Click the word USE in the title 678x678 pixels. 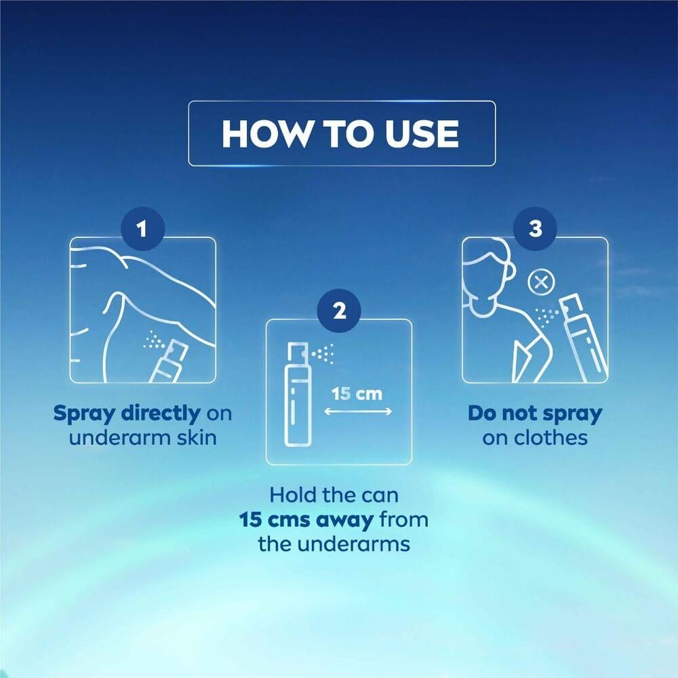tap(422, 134)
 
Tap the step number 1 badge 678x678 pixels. tap(142, 228)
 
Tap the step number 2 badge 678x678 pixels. tap(339, 311)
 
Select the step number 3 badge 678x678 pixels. tap(536, 228)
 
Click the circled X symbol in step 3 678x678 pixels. tap(541, 283)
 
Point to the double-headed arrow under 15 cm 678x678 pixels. tap(358, 411)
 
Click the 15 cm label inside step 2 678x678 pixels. tap(357, 394)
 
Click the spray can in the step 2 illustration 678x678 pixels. tap(298, 395)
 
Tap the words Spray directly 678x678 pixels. tap(127, 414)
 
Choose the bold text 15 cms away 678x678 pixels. tap(306, 520)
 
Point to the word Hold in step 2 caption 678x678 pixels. tap(291, 495)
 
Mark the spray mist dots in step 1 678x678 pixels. tap(154, 340)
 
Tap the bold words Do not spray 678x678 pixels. tap(535, 414)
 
